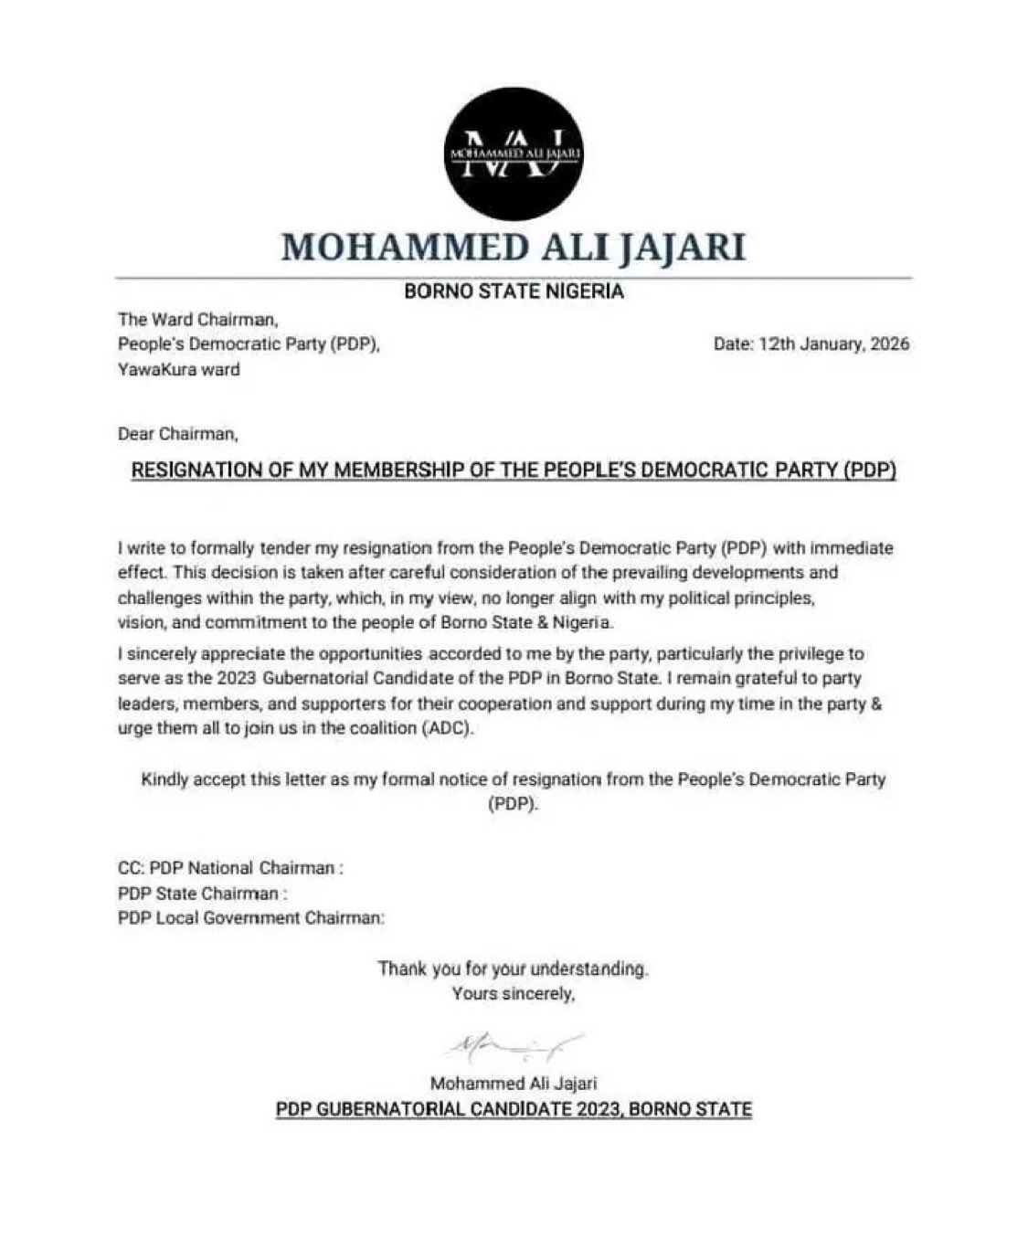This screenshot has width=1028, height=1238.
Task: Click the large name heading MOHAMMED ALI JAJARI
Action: point(514,247)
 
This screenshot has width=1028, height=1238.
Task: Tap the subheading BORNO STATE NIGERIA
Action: point(514,292)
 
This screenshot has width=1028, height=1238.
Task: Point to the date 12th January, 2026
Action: point(811,344)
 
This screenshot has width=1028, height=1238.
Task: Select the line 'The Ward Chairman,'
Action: point(197,320)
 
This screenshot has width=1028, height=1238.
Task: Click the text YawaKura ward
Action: point(179,370)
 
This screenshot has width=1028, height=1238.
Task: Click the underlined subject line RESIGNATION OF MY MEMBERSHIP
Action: point(514,471)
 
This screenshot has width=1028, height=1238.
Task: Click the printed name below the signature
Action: point(514,1084)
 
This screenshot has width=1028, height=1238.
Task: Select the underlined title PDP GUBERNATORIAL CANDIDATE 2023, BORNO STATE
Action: point(514,1110)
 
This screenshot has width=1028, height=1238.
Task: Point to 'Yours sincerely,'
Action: point(514,993)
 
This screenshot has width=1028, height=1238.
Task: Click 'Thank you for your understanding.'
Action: point(514,968)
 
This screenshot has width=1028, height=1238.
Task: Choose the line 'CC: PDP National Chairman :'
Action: point(230,868)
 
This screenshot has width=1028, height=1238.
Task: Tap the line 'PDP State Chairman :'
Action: point(203,893)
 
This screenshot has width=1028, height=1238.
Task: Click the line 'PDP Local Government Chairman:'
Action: point(251,917)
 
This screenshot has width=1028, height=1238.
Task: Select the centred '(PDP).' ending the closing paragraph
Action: point(514,805)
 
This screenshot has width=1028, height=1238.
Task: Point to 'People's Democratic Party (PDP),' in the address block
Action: point(249,344)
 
